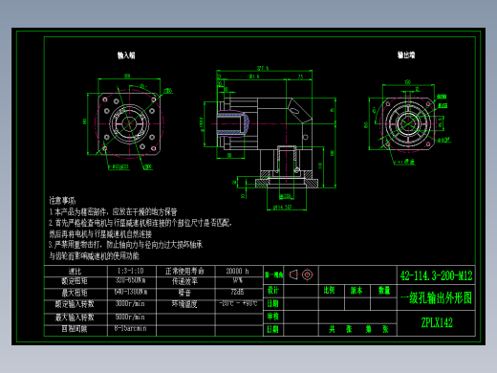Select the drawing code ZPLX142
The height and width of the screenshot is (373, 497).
pos(436,322)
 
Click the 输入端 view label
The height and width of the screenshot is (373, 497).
pos(125,56)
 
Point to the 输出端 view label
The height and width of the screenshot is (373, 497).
pos(405,56)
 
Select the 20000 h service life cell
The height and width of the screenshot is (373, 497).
pos(236,271)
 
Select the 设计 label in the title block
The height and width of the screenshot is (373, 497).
pos(272,289)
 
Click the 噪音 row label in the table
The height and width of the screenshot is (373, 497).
pos(183,292)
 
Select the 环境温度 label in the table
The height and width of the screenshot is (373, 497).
pos(183,303)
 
